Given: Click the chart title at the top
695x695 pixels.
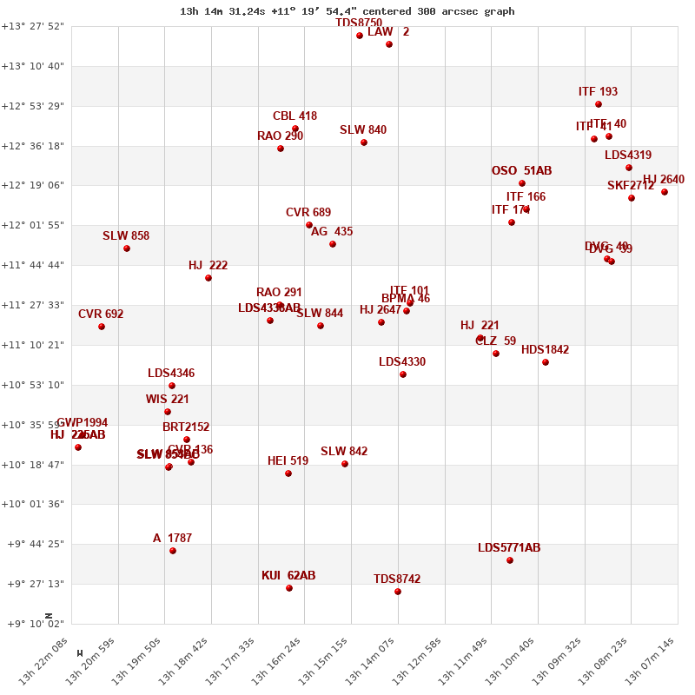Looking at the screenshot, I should click(347, 11).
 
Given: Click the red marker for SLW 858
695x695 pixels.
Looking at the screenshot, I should click(127, 248).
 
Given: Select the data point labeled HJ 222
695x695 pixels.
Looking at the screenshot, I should click(208, 278).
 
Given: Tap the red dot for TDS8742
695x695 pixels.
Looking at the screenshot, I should click(398, 592).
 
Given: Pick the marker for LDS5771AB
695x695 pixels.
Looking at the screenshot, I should click(510, 560).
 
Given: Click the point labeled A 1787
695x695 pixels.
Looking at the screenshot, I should click(173, 551).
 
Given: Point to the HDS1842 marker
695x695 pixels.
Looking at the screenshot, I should click(546, 362).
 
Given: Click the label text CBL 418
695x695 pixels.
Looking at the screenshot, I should click(295, 116).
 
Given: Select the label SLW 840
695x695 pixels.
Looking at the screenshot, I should click(363, 130).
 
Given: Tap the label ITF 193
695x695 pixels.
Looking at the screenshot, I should click(598, 92).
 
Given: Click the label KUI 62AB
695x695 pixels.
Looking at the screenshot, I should click(288, 576).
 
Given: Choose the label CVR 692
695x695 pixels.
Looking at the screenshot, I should click(101, 314).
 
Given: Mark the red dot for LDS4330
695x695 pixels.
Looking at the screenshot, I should click(403, 374).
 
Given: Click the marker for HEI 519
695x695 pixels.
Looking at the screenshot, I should click(288, 473).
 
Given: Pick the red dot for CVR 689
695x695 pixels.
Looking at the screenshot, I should click(309, 225).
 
